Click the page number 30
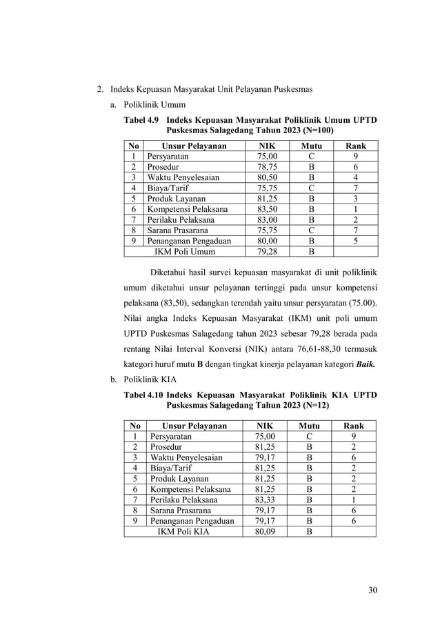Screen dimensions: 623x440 (x=373, y=590)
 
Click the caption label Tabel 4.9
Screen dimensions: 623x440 (x=141, y=120)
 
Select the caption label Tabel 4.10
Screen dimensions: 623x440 (x=143, y=395)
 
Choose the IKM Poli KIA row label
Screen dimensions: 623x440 (x=182, y=531)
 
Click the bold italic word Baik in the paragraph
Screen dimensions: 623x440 (x=365, y=364)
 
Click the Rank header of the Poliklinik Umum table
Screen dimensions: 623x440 (x=354, y=146)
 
